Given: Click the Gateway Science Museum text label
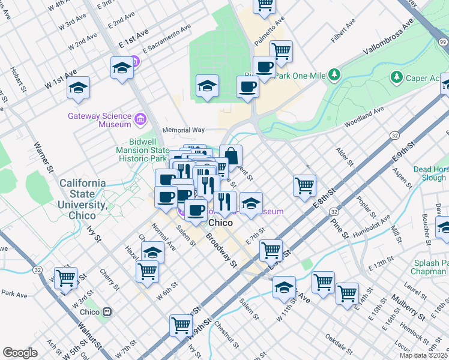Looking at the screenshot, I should coord(100,120).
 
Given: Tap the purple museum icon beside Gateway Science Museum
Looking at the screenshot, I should coord(141,119).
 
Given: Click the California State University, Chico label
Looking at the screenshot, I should coord(82,199).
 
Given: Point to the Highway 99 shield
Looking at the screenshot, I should coord(442,41).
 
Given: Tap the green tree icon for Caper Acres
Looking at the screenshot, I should coord(396,77).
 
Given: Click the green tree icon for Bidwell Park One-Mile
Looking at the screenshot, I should coord(334,75).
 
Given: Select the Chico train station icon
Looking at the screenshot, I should coord(107,312).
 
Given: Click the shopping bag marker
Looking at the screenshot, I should coord(231,155).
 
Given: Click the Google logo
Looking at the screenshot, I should coord(20,353).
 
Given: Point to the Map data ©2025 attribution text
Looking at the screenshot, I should coord(423,355).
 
